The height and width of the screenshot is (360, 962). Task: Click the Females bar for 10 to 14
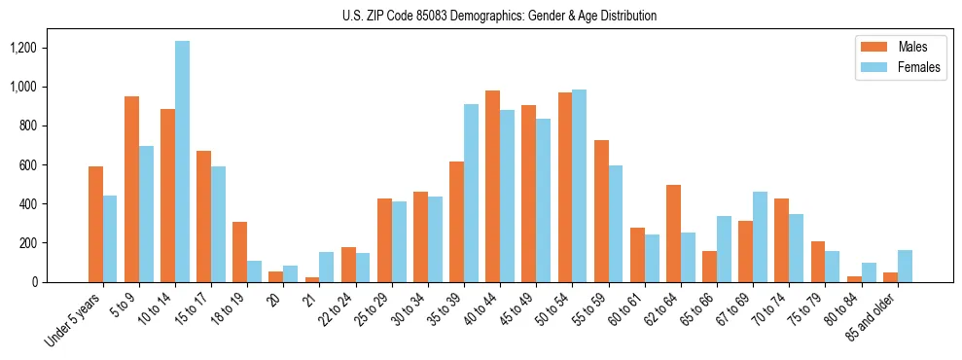pos(183,162)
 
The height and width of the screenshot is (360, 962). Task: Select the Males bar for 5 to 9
pos(132,189)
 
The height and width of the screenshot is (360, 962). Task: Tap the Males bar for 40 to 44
pos(493,186)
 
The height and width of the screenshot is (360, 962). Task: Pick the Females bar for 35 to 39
pos(472,193)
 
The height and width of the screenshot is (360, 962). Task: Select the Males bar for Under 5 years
pos(96,224)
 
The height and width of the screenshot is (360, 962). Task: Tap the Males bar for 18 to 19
pos(240,252)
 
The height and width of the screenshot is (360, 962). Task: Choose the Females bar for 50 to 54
pos(580,186)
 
